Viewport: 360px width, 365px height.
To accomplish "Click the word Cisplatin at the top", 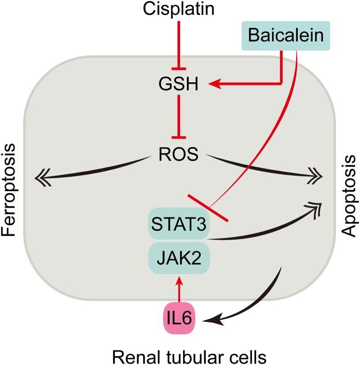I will (x=178, y=9).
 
